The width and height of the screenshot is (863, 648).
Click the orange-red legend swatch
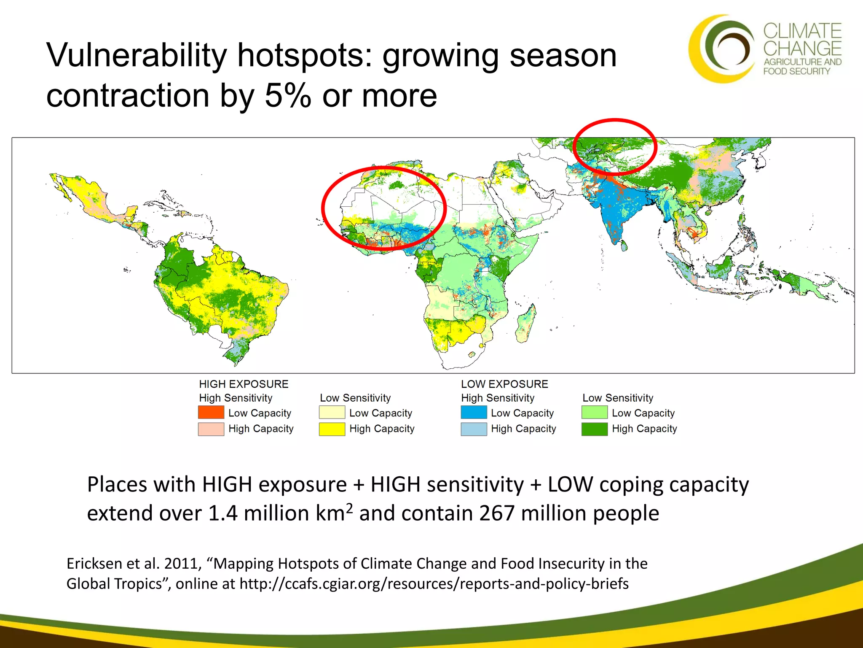coord(211,412)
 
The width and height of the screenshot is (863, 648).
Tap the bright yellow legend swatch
coord(332,429)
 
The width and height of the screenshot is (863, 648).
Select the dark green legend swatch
coord(594,429)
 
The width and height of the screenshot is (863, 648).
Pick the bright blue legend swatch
coord(474,412)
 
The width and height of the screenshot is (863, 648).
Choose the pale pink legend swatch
coord(211,429)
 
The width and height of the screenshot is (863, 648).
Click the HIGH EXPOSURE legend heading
coord(244,384)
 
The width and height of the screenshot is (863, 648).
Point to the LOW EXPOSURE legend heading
coord(504,384)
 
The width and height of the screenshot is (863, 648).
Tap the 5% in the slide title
coord(287,95)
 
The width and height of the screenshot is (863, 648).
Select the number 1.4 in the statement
coord(222,513)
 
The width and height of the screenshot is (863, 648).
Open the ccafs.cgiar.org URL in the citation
coord(434,584)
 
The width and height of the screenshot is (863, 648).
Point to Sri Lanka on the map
coord(622,244)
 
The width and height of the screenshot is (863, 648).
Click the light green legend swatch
coord(594,412)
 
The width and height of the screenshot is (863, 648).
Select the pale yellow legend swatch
coord(332,412)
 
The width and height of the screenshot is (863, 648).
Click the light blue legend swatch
coord(474,429)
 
